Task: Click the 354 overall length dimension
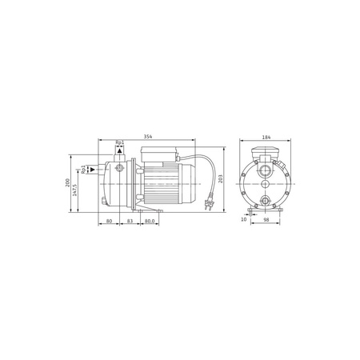pyautogui.click(x=148, y=137)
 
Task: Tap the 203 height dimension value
pyautogui.click(x=220, y=178)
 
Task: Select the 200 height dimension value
pyautogui.click(x=67, y=182)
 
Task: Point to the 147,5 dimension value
pyautogui.click(x=74, y=190)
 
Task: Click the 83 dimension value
pyautogui.click(x=130, y=221)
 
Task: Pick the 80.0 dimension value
pyautogui.click(x=150, y=221)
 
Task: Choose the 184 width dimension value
pyautogui.click(x=266, y=137)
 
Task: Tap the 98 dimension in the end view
pyautogui.click(x=266, y=219)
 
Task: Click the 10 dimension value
pyautogui.click(x=244, y=219)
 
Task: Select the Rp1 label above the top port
pyautogui.click(x=120, y=142)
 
